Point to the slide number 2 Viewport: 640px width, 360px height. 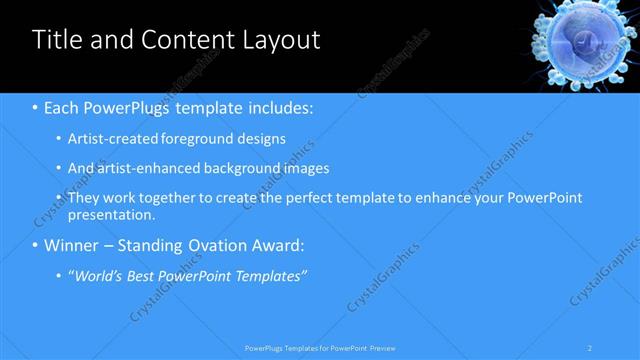[x=590, y=348]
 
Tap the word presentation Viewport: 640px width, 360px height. [x=111, y=214]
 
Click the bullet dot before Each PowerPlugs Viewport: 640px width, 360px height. [x=36, y=106]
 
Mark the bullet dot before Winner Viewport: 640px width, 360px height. [x=36, y=245]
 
